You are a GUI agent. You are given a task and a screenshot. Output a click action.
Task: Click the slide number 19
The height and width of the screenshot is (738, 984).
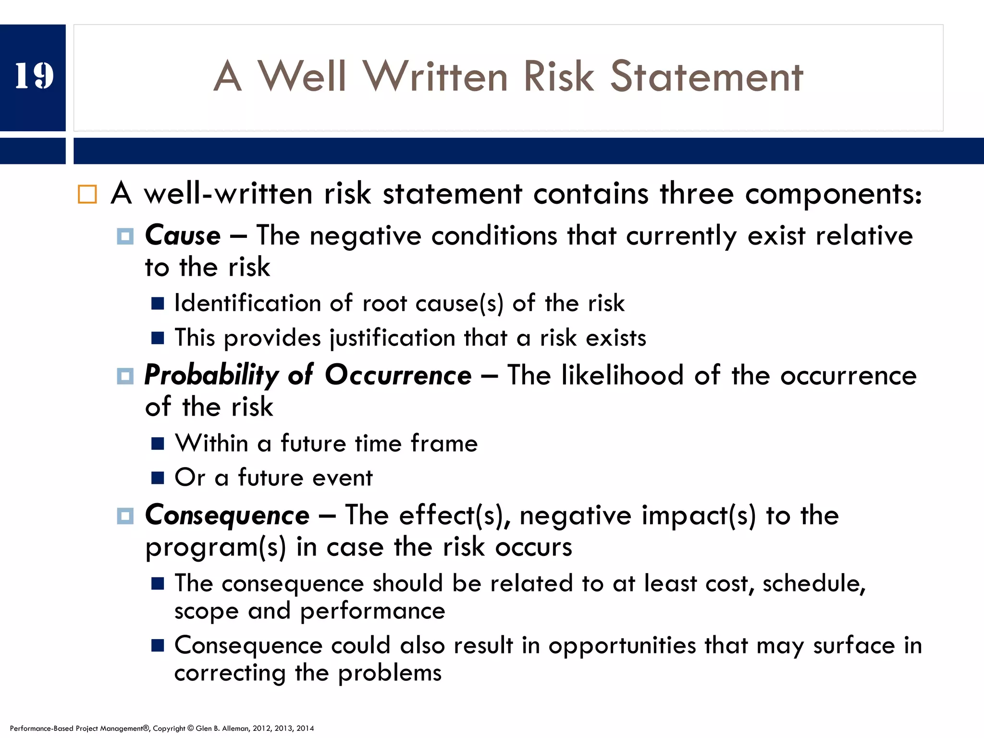point(34,76)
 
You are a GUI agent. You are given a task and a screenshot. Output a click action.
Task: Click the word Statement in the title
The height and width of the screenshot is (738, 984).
point(706,77)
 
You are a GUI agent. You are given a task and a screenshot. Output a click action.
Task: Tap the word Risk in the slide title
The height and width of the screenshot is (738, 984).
point(559,77)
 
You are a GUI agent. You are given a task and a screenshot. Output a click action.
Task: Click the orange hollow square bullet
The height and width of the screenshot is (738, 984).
point(87,194)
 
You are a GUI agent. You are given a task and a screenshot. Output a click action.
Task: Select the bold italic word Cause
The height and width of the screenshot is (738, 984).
point(183,236)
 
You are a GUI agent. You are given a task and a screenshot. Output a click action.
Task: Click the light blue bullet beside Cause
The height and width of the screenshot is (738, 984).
point(125,236)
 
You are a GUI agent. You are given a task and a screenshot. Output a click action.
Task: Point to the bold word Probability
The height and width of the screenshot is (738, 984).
point(211,376)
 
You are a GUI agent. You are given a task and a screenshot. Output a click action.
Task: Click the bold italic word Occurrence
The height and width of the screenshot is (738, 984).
point(398,376)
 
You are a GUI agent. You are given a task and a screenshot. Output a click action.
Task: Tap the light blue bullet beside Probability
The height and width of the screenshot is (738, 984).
point(125,376)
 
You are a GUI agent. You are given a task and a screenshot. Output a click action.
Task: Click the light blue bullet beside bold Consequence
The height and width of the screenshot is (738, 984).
point(125,516)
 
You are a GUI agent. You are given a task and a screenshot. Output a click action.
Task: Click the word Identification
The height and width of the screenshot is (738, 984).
point(247,304)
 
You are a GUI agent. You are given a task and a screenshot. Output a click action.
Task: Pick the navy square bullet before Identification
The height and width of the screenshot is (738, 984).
point(158,304)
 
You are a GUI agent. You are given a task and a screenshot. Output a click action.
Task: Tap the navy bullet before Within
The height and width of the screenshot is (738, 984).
point(158,443)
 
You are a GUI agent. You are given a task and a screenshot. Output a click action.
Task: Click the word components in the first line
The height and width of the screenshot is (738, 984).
point(833,194)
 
